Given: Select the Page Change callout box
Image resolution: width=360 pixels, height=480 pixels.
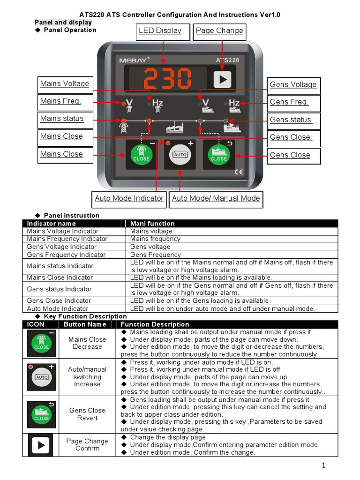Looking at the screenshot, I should [x=219, y=31].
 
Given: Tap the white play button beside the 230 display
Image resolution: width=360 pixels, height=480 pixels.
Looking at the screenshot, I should [x=223, y=79].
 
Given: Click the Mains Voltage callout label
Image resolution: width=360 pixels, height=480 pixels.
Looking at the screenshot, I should [x=65, y=84].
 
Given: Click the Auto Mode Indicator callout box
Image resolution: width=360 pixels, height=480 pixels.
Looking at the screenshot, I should [x=129, y=199].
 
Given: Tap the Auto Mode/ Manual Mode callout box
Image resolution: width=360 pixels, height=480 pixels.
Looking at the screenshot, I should [x=216, y=199].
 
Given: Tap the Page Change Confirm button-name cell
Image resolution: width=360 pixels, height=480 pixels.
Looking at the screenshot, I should [x=87, y=445].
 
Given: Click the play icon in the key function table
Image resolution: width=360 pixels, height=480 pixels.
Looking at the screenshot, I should [x=41, y=445].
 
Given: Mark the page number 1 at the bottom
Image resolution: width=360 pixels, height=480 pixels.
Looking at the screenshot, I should [x=323, y=465].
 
